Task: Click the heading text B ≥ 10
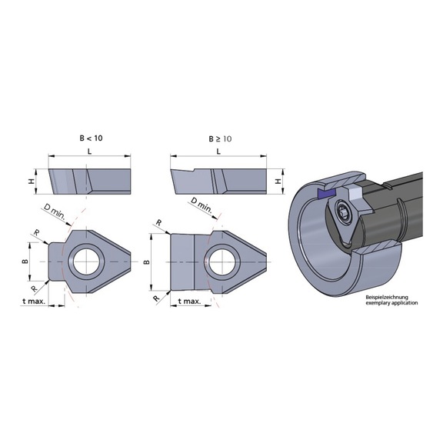(x=221, y=139)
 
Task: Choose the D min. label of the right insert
(x=202, y=205)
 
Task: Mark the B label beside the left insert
(x=24, y=261)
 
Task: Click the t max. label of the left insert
(x=30, y=302)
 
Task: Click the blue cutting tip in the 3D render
(x=321, y=190)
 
